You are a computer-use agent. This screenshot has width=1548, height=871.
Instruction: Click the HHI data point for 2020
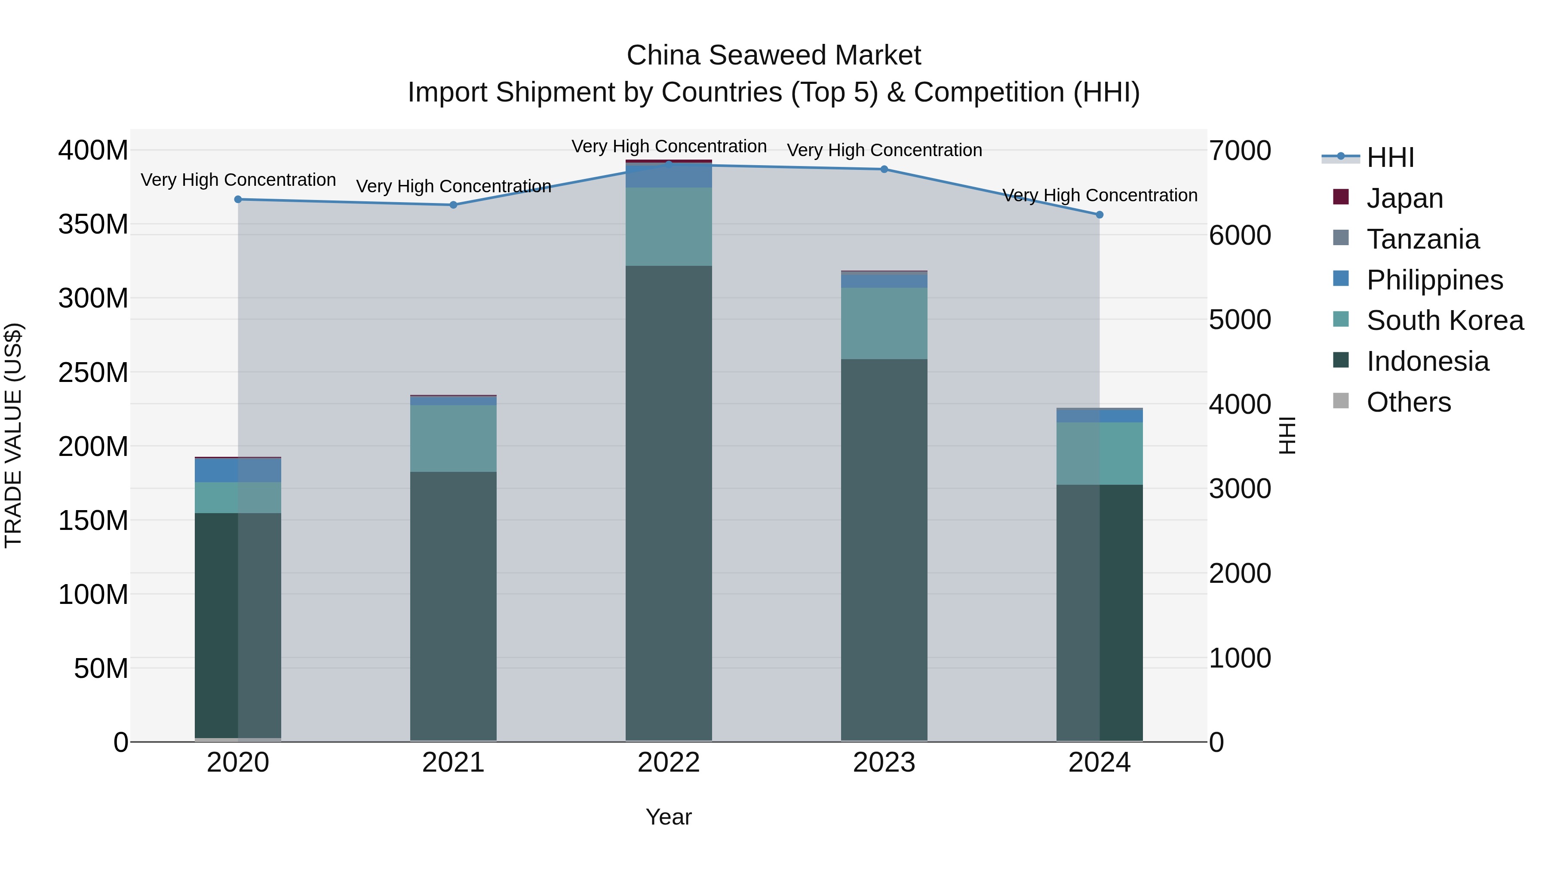coord(238,200)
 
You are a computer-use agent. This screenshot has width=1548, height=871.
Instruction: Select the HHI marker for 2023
coord(884,169)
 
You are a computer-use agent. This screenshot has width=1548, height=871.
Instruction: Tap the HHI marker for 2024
coord(1100,215)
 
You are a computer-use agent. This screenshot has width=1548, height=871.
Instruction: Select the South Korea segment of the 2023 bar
coord(884,323)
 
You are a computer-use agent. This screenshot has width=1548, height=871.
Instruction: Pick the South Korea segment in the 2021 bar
coord(453,438)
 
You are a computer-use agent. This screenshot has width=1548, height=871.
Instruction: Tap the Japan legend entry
coord(1404,198)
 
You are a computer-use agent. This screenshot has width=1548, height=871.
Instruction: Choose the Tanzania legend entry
coord(1422,239)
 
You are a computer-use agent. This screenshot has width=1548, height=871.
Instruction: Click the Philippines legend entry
coord(1434,280)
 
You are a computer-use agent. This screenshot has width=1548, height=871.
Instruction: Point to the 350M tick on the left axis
coord(93,224)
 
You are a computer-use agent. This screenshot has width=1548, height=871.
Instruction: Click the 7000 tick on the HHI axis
coord(1240,151)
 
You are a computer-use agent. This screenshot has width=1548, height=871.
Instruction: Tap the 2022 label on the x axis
coord(668,763)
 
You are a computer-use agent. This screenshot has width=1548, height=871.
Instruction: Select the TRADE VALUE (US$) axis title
coord(13,435)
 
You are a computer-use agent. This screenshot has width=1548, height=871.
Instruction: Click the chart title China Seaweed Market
coord(774,55)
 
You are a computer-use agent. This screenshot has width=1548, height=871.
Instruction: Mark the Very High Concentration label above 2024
coord(1100,195)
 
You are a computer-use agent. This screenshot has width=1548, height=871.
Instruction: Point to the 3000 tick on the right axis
coord(1240,489)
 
